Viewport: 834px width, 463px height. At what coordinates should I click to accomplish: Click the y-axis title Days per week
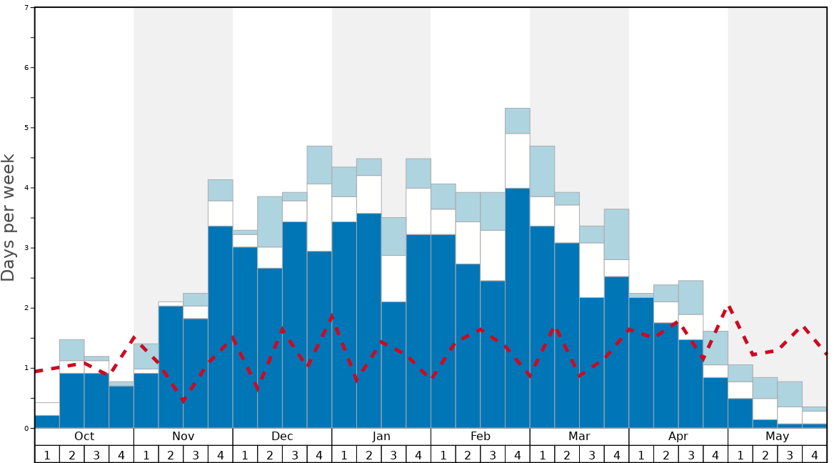click(9, 218)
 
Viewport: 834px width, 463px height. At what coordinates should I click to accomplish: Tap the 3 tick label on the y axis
click(26, 248)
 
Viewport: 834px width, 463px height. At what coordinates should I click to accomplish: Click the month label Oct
click(84, 437)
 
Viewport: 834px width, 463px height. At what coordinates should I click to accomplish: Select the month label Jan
click(381, 437)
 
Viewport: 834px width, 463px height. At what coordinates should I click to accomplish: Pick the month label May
click(778, 437)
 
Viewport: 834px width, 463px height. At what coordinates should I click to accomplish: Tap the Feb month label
click(481, 437)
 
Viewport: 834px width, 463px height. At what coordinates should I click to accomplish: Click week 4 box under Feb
click(518, 454)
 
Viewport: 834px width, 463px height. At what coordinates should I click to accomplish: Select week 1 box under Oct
click(47, 454)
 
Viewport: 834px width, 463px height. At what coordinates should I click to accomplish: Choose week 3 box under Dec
click(295, 454)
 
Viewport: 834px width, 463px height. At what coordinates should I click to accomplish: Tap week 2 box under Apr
click(666, 454)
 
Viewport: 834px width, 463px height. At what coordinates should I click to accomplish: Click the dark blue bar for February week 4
click(518, 307)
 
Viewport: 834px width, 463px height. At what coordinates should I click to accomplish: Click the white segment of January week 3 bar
click(394, 279)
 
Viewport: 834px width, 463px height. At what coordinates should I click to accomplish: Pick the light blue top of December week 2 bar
click(270, 221)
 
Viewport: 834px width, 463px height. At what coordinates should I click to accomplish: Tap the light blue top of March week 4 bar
click(617, 234)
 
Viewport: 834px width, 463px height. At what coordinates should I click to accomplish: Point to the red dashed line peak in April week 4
click(729, 307)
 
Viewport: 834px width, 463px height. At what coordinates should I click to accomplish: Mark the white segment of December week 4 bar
click(320, 217)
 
